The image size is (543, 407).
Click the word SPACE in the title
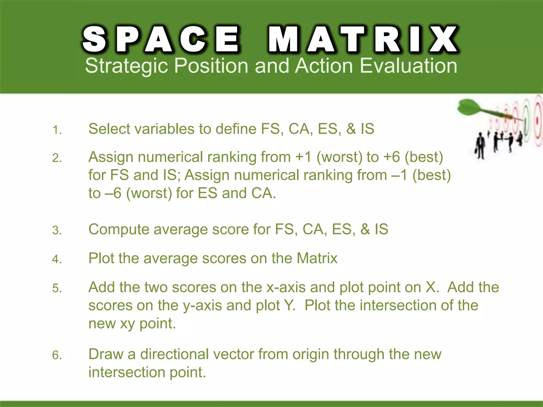(x=161, y=39)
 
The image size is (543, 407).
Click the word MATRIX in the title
(x=363, y=39)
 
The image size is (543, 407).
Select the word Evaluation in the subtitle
(x=408, y=66)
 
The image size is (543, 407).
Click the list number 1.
(x=57, y=130)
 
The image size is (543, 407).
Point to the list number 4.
(x=57, y=259)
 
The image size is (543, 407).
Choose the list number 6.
(x=57, y=355)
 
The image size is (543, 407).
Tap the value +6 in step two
(x=392, y=157)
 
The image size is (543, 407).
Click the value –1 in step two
(x=399, y=175)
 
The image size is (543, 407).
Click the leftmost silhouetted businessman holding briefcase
(x=480, y=146)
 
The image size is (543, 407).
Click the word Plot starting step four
(x=101, y=258)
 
